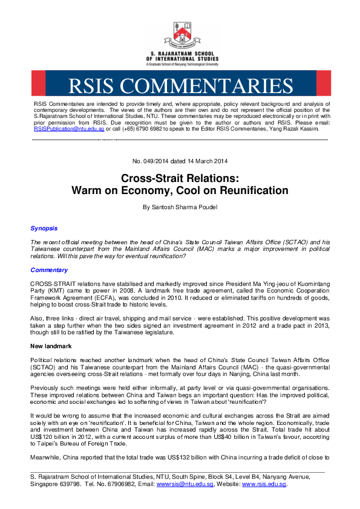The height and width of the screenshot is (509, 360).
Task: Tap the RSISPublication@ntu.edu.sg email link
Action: (x=69, y=129)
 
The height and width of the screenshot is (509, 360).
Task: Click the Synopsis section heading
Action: (x=44, y=228)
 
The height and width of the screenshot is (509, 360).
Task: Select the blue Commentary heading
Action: (x=49, y=269)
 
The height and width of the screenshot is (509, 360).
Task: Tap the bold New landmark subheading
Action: (x=52, y=345)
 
